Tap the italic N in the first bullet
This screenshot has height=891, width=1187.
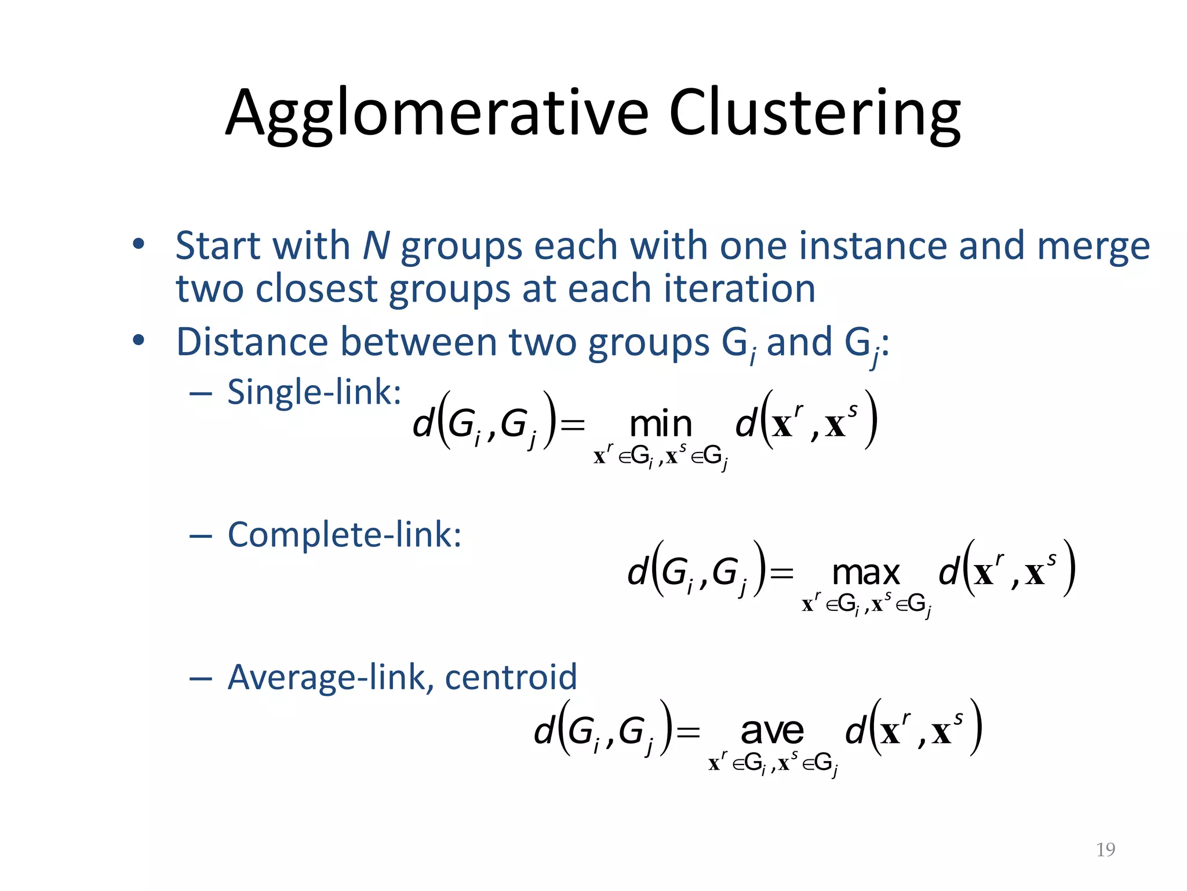click(x=376, y=246)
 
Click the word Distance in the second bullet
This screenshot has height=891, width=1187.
click(x=253, y=342)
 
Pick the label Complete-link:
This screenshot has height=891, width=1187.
click(x=344, y=534)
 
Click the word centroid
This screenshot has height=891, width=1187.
click(x=511, y=677)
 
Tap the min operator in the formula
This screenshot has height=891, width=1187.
click(x=661, y=425)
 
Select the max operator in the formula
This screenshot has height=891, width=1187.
click(x=866, y=573)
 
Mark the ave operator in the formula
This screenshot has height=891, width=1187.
click(x=772, y=731)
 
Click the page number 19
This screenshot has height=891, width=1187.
click(x=1105, y=850)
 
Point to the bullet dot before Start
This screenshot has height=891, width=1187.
click(x=138, y=244)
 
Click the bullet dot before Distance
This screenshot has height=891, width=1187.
click(x=138, y=341)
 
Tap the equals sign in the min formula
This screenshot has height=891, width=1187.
click(x=573, y=425)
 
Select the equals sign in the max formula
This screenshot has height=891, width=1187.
click(x=781, y=574)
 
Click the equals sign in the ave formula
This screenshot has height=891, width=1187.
click(x=689, y=732)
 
